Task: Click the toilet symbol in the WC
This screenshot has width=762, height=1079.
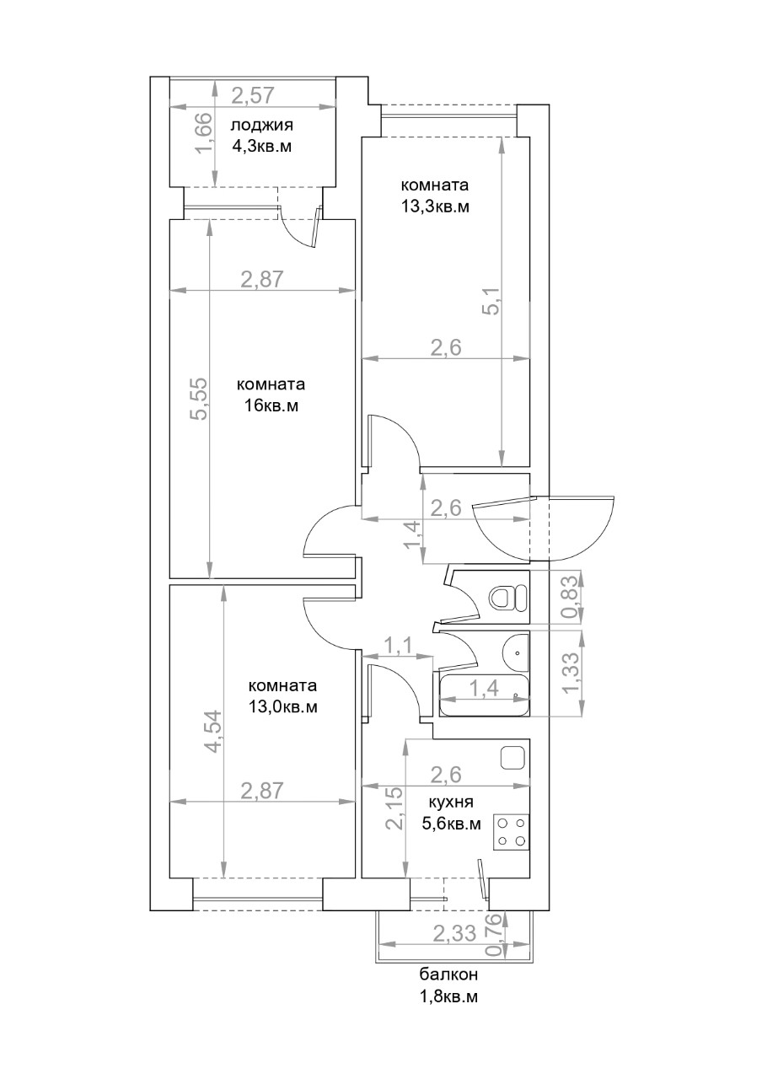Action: coord(508,599)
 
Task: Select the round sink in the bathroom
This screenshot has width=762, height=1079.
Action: coord(515,652)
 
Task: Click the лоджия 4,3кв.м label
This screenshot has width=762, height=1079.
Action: coord(261,136)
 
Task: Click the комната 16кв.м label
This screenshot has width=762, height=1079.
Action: coord(271,395)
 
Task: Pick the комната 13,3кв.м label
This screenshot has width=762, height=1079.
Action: coord(435,196)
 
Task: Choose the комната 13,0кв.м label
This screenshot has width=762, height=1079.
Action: coord(282,696)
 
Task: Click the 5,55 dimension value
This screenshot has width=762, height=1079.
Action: coord(199,399)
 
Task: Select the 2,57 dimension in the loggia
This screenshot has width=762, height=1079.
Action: coord(253,95)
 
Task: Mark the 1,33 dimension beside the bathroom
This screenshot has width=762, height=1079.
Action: coord(571,673)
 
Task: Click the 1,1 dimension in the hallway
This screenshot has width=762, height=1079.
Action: coord(400,645)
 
